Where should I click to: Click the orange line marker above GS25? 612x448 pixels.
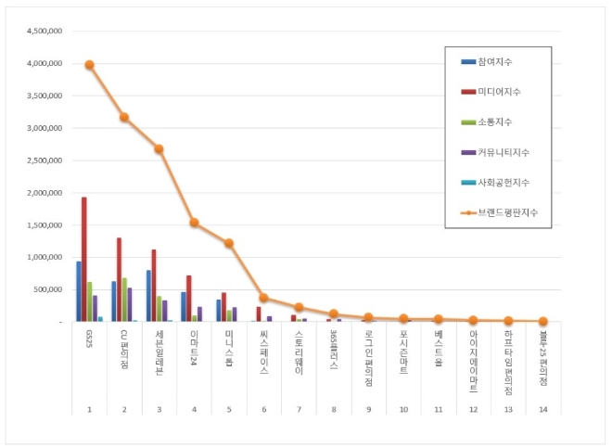coord(89,65)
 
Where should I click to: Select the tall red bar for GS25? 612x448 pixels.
coord(83,260)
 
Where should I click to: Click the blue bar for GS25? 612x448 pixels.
coord(78,291)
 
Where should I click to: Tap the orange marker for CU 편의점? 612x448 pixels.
coord(124,118)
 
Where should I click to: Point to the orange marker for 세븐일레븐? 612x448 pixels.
coord(159,148)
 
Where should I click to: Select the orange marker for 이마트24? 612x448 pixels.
coord(194,223)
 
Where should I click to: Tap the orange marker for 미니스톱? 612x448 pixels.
coord(228,243)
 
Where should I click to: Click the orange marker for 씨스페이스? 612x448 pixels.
coord(263,298)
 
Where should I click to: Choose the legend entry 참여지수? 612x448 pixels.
coord(495,61)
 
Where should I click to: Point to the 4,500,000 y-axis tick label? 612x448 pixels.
coord(43,31)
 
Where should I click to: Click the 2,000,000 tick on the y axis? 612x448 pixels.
coord(43,193)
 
